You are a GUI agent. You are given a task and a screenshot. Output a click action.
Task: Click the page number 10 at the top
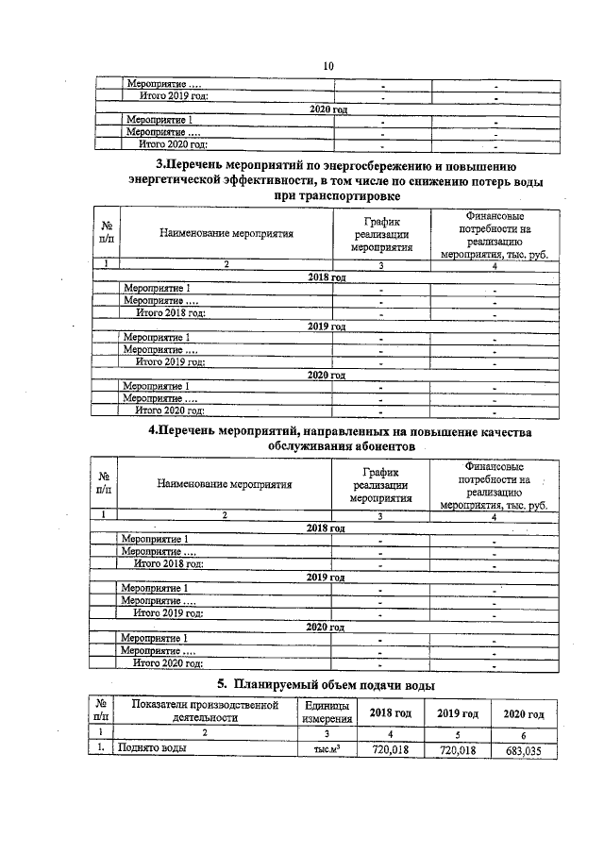[x=328, y=65]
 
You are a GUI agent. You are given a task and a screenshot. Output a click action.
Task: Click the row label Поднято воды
[x=150, y=749]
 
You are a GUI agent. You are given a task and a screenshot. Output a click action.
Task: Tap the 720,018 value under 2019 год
[x=452, y=749]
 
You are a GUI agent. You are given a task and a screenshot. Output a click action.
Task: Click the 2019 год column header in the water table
[x=452, y=713]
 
